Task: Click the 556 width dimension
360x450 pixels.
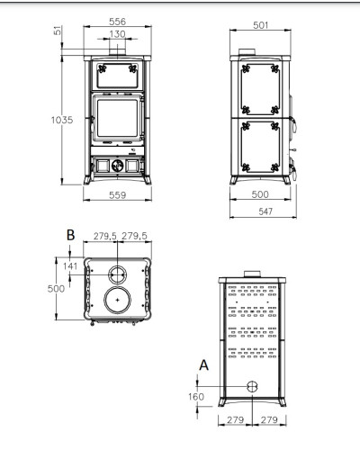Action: tap(117, 22)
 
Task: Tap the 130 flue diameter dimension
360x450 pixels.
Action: tap(117, 34)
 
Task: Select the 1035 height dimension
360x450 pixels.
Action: tap(62, 120)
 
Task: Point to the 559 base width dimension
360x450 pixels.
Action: tap(117, 195)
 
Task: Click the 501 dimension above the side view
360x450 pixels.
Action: tap(260, 25)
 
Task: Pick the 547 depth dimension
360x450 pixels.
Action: tap(265, 211)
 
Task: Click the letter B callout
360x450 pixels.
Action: tap(70, 235)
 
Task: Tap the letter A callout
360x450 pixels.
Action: tap(203, 365)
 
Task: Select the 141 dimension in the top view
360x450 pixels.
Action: tap(70, 266)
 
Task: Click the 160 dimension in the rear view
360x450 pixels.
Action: tap(196, 397)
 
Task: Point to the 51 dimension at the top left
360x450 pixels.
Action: tap(58, 31)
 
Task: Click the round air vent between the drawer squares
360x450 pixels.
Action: tap(117, 166)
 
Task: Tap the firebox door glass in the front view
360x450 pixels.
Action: tap(117, 118)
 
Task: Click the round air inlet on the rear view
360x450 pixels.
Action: tap(252, 387)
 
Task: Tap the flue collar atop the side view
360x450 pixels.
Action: tap(247, 52)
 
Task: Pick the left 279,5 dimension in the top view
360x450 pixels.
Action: tap(104, 236)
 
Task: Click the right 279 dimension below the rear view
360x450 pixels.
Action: tap(269, 419)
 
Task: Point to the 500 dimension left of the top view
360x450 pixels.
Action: tap(56, 289)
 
